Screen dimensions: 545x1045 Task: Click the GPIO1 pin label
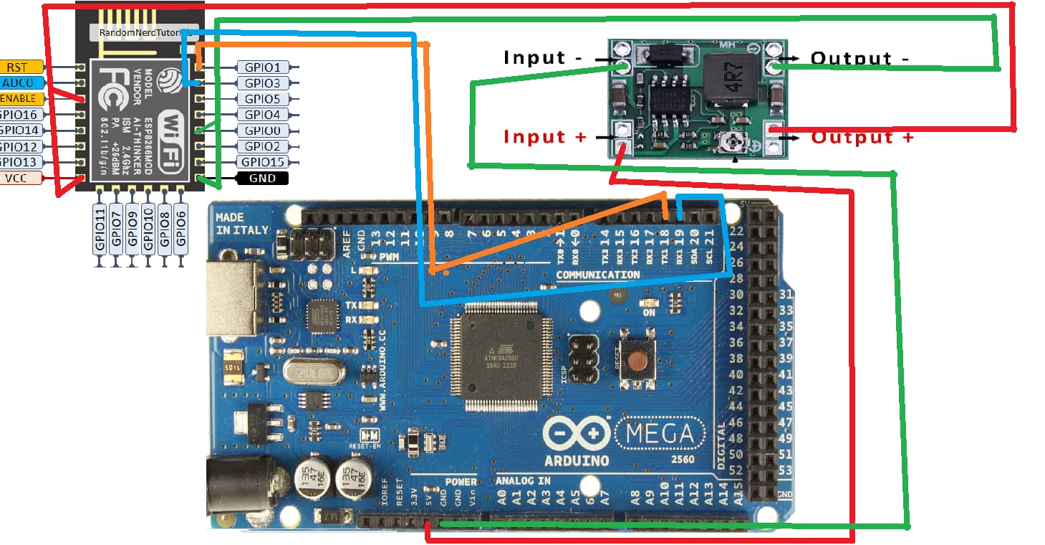click(262, 67)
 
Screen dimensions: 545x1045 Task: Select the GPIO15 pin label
click(262, 162)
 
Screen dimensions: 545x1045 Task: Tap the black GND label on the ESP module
click(262, 178)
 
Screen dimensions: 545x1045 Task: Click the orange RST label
click(17, 67)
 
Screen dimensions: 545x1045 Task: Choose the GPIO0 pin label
click(262, 131)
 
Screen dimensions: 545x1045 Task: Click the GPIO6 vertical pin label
click(181, 228)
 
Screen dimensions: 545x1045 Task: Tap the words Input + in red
click(545, 136)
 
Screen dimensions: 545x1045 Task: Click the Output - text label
click(860, 58)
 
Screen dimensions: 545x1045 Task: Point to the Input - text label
click(544, 57)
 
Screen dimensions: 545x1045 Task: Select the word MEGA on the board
click(660, 433)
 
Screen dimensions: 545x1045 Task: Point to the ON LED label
click(649, 313)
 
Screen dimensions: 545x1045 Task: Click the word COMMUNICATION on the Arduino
click(598, 275)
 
